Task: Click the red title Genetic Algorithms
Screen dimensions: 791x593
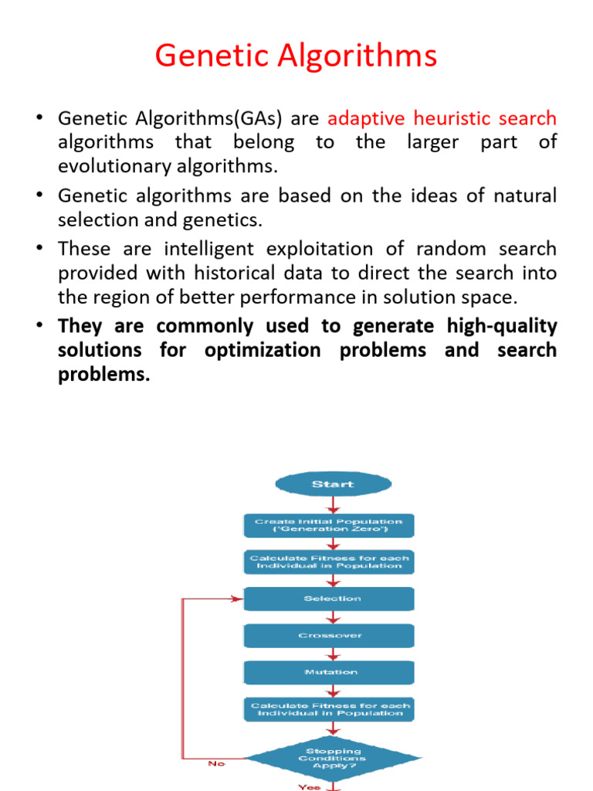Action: [x=296, y=56]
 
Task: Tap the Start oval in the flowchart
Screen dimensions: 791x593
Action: [x=332, y=484]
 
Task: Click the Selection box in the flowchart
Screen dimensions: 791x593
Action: [x=329, y=599]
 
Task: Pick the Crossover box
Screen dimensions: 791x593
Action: [x=329, y=636]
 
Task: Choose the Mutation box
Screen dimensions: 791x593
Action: [x=329, y=672]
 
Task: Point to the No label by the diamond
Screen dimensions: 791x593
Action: [x=216, y=764]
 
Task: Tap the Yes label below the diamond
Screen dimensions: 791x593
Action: [x=308, y=786]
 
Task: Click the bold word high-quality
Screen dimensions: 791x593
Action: [x=502, y=326]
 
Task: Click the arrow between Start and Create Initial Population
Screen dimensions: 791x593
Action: [x=333, y=504]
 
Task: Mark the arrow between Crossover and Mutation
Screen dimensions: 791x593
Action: [x=333, y=654]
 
